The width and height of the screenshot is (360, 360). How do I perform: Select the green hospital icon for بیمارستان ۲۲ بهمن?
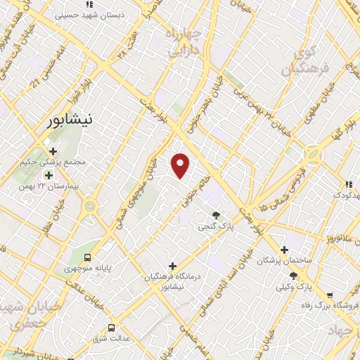pyautogui.click(x=49, y=174)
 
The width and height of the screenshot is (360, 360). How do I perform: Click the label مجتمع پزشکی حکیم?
pyautogui.click(x=53, y=162)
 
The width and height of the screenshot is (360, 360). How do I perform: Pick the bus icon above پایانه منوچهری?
pyautogui.click(x=87, y=257)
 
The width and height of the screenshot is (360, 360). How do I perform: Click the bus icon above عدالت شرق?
pyautogui.click(x=111, y=327)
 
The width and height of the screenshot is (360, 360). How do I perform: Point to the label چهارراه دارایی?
pyautogui.click(x=184, y=41)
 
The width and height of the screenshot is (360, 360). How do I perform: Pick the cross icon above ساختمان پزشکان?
pyautogui.click(x=283, y=250)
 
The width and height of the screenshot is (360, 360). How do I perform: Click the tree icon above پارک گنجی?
pyautogui.click(x=216, y=215)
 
